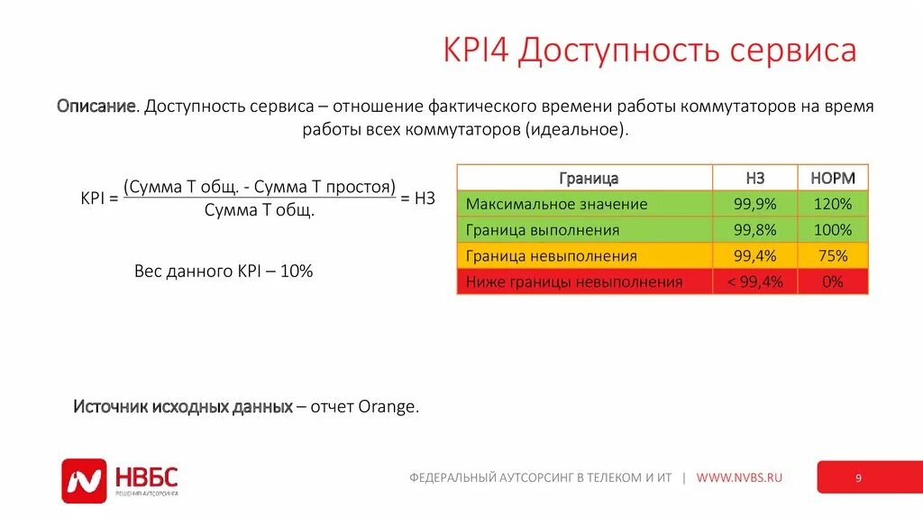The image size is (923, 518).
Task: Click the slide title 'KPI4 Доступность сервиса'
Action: (649, 51)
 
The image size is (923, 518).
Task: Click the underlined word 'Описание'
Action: (97, 106)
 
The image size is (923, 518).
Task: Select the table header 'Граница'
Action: (588, 179)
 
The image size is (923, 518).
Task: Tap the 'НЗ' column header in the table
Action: (754, 179)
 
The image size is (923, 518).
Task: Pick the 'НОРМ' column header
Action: (832, 179)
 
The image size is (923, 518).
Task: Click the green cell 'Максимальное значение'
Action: (556, 204)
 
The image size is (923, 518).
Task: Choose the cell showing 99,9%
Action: (754, 204)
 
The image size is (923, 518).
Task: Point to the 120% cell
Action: (832, 204)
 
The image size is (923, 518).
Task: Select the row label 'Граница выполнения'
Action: (543, 230)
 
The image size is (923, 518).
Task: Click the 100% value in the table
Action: (832, 230)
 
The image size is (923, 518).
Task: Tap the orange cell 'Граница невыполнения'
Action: (551, 256)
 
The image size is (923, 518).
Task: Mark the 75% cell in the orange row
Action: (832, 256)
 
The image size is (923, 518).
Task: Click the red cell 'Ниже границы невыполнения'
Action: (574, 282)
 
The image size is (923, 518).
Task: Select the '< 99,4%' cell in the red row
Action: (754, 282)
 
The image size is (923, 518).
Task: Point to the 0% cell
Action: (832, 282)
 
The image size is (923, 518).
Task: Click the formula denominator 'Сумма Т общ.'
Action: (260, 210)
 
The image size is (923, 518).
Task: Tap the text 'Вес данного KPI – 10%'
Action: (224, 271)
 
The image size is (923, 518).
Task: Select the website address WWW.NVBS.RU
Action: (739, 477)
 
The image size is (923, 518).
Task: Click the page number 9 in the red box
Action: (858, 478)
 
